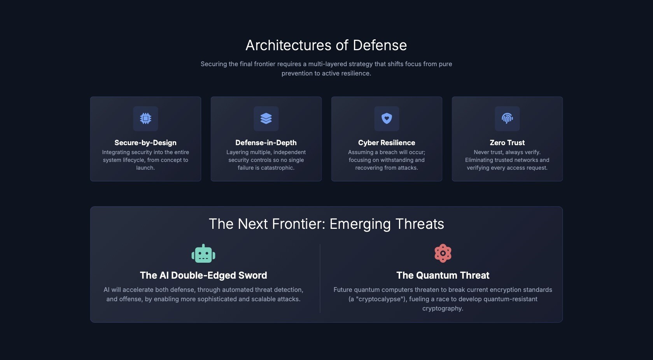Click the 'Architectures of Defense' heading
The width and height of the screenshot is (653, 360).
pyautogui.click(x=326, y=46)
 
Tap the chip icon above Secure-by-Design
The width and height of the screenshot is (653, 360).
pyautogui.click(x=145, y=118)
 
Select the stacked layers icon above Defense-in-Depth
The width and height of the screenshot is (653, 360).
pyautogui.click(x=266, y=118)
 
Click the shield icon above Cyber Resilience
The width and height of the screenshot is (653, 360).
pyautogui.click(x=387, y=118)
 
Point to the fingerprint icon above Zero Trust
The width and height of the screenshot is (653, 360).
pyautogui.click(x=507, y=118)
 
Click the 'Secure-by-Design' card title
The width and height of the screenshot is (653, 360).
pyautogui.click(x=145, y=143)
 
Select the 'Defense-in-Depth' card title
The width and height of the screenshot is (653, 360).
pyautogui.click(x=266, y=143)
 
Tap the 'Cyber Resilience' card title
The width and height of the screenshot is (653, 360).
pyautogui.click(x=387, y=143)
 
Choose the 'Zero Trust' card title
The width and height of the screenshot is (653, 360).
pyautogui.click(x=507, y=143)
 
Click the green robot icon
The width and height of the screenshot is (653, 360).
pyautogui.click(x=203, y=254)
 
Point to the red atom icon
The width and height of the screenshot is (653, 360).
pyautogui.click(x=443, y=253)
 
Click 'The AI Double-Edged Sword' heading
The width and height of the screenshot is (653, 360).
pyautogui.click(x=203, y=276)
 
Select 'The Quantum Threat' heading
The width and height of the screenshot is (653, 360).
pyautogui.click(x=443, y=276)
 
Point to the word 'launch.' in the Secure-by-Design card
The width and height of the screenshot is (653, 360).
pyautogui.click(x=145, y=168)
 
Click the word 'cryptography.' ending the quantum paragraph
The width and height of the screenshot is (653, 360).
pyautogui.click(x=443, y=309)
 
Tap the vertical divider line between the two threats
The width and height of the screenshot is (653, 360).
pyautogui.click(x=320, y=278)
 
